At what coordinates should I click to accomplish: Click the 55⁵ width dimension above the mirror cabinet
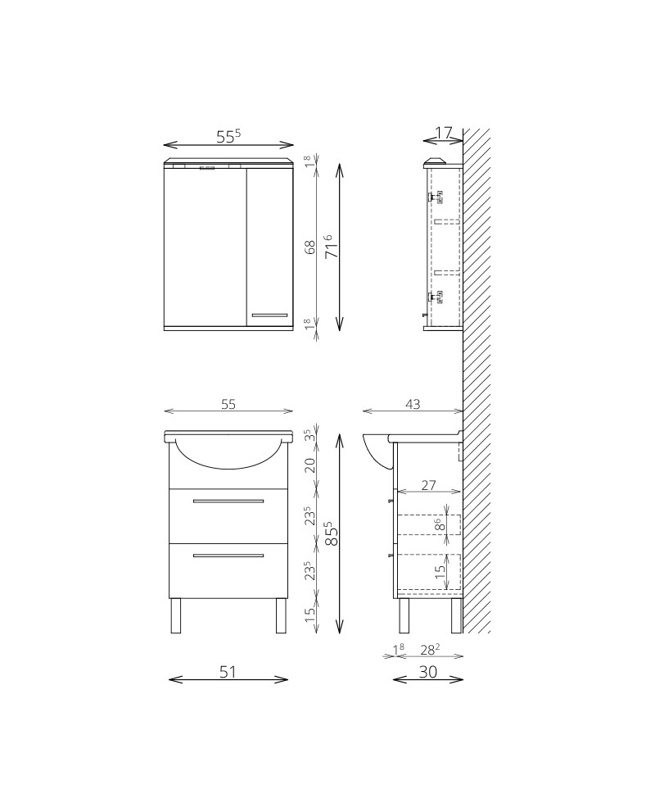click(x=228, y=137)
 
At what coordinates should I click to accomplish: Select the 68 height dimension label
click(x=310, y=247)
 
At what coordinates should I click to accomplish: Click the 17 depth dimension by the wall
click(x=444, y=133)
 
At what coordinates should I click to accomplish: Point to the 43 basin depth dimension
click(x=413, y=404)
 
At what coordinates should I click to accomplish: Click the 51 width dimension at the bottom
click(x=228, y=671)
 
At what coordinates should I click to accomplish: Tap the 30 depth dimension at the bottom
click(x=427, y=671)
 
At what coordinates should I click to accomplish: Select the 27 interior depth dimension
click(x=428, y=484)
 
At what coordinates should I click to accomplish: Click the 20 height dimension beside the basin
click(x=310, y=465)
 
